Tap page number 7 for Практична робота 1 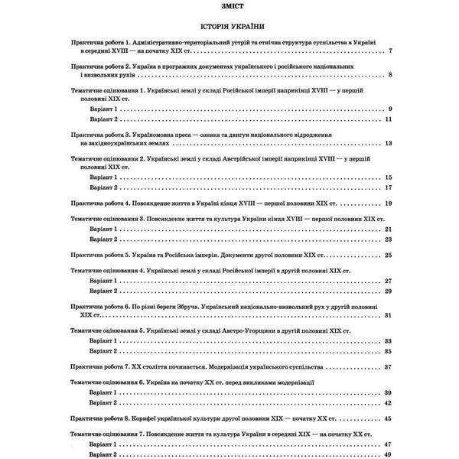pyautogui.click(x=390, y=50)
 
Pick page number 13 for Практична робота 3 pyautogui.click(x=389, y=143)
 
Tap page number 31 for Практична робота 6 pyautogui.click(x=389, y=314)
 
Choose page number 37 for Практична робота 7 pyautogui.click(x=389, y=366)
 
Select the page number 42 pyautogui.click(x=389, y=402)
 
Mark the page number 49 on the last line pyautogui.click(x=389, y=454)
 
